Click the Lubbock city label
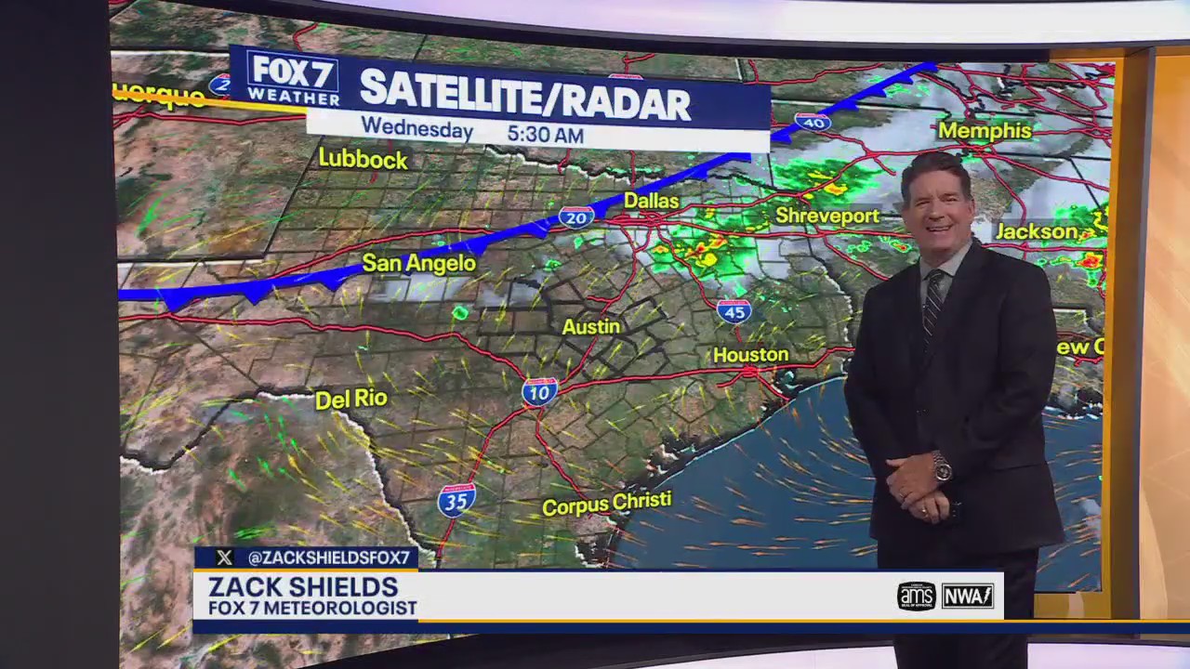363,159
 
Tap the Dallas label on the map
651,201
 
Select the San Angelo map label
418,263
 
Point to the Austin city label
590,327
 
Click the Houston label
750,355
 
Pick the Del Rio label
350,400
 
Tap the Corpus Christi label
606,504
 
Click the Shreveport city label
827,216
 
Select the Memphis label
985,131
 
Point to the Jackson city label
1037,231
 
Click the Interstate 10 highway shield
539,391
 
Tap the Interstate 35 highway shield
456,500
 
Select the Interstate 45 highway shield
734,311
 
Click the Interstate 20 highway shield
576,217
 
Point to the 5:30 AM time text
545,135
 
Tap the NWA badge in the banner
968,596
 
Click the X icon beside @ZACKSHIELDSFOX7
224,557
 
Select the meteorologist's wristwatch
942,468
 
